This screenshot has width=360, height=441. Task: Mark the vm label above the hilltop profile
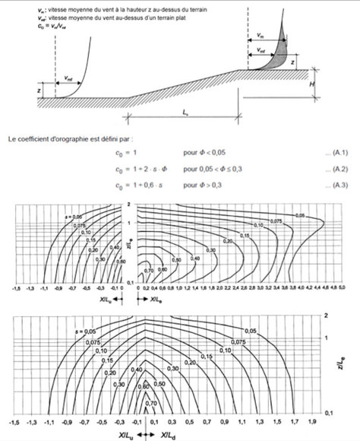[261, 35]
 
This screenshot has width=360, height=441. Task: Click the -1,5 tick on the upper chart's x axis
[16, 290]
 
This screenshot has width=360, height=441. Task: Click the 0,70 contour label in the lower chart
[151, 401]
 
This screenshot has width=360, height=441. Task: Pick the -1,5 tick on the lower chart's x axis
[15, 420]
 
